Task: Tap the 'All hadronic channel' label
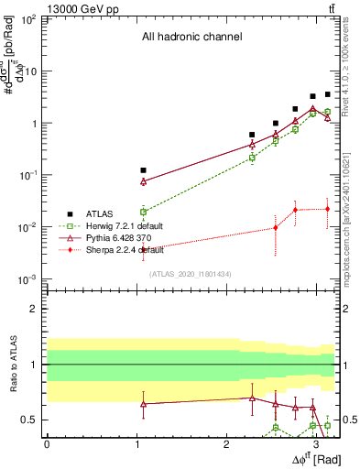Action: point(191,38)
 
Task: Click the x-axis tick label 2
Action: point(226,443)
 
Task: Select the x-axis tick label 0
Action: point(47,443)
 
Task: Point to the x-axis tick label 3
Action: point(316,443)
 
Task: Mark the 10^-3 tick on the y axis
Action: point(30,278)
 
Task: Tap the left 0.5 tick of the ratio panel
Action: point(31,420)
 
